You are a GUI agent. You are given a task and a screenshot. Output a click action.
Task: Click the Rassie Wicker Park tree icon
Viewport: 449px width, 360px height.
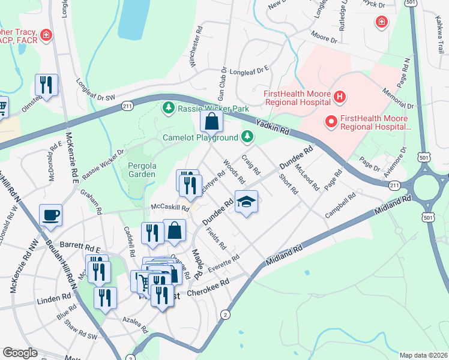click(169, 107)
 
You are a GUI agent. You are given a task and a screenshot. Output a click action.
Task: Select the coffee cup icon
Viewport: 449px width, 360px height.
click(50, 215)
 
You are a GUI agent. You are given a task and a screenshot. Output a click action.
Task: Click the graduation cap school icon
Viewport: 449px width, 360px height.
click(246, 202)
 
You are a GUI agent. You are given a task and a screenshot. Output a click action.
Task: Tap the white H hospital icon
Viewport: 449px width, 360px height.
click(340, 96)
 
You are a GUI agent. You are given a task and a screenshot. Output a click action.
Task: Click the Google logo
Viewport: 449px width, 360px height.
click(20, 353)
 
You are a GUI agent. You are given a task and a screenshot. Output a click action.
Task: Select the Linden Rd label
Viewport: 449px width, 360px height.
click(54, 298)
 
